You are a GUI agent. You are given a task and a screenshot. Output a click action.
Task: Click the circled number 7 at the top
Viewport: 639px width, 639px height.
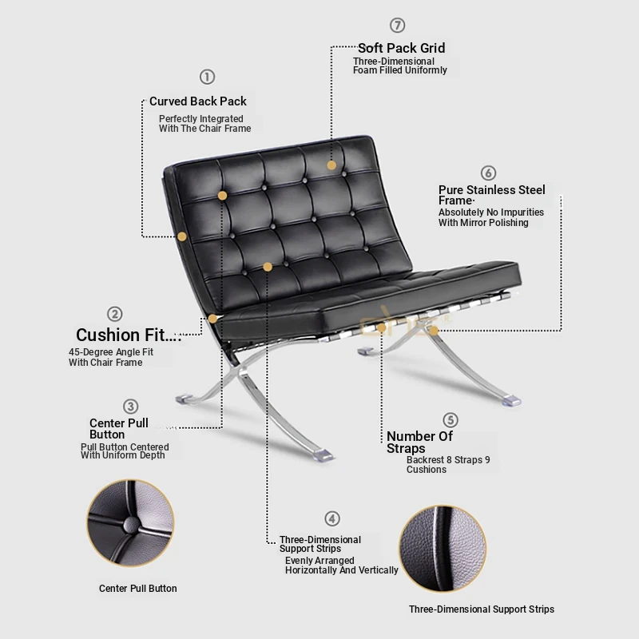pos(397,26)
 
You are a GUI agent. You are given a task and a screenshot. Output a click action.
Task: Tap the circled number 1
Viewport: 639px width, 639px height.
pos(207,77)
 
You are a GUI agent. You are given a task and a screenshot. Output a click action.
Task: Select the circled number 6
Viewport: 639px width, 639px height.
pos(488,173)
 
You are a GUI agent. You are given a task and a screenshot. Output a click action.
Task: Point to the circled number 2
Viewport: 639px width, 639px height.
pos(114,314)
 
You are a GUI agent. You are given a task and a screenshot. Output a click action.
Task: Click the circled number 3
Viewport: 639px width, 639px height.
pos(130,407)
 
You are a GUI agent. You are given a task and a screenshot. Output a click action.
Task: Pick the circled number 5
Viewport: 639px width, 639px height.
pos(450,420)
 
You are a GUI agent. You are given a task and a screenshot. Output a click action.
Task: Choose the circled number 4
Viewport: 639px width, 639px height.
pos(332,518)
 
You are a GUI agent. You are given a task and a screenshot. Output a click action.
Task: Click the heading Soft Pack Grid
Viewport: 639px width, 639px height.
pos(402,48)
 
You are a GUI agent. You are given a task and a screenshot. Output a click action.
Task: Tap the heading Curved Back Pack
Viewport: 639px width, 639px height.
pos(198,101)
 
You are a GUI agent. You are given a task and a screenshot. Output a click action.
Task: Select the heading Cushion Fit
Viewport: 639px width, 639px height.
pos(126,335)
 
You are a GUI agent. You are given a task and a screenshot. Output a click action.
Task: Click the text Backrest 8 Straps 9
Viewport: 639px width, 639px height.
pos(448,460)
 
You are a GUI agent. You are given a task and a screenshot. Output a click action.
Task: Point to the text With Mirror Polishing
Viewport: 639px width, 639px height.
pos(483,223)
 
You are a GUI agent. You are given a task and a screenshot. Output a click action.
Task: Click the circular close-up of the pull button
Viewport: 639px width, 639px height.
pos(130,523)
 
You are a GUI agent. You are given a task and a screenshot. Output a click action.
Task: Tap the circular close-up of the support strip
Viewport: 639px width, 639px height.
pos(443,549)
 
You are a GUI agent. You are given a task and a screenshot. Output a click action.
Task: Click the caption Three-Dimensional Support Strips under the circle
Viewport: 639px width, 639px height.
pos(482,609)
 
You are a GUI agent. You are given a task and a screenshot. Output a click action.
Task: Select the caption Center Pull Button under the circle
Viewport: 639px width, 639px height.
pos(137,589)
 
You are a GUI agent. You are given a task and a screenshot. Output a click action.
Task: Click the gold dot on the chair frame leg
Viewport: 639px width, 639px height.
pos(434,331)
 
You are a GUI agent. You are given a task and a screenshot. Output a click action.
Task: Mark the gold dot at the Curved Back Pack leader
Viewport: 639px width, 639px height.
pos(182,236)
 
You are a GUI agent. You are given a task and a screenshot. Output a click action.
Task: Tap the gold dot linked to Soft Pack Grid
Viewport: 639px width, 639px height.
pos(331,165)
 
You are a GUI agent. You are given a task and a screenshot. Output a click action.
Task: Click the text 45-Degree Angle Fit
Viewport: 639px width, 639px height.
pos(111,352)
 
